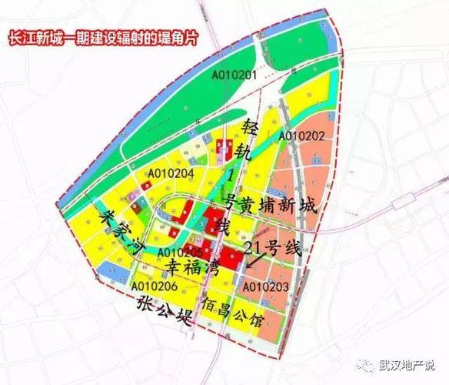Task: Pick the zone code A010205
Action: [x=179, y=253]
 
